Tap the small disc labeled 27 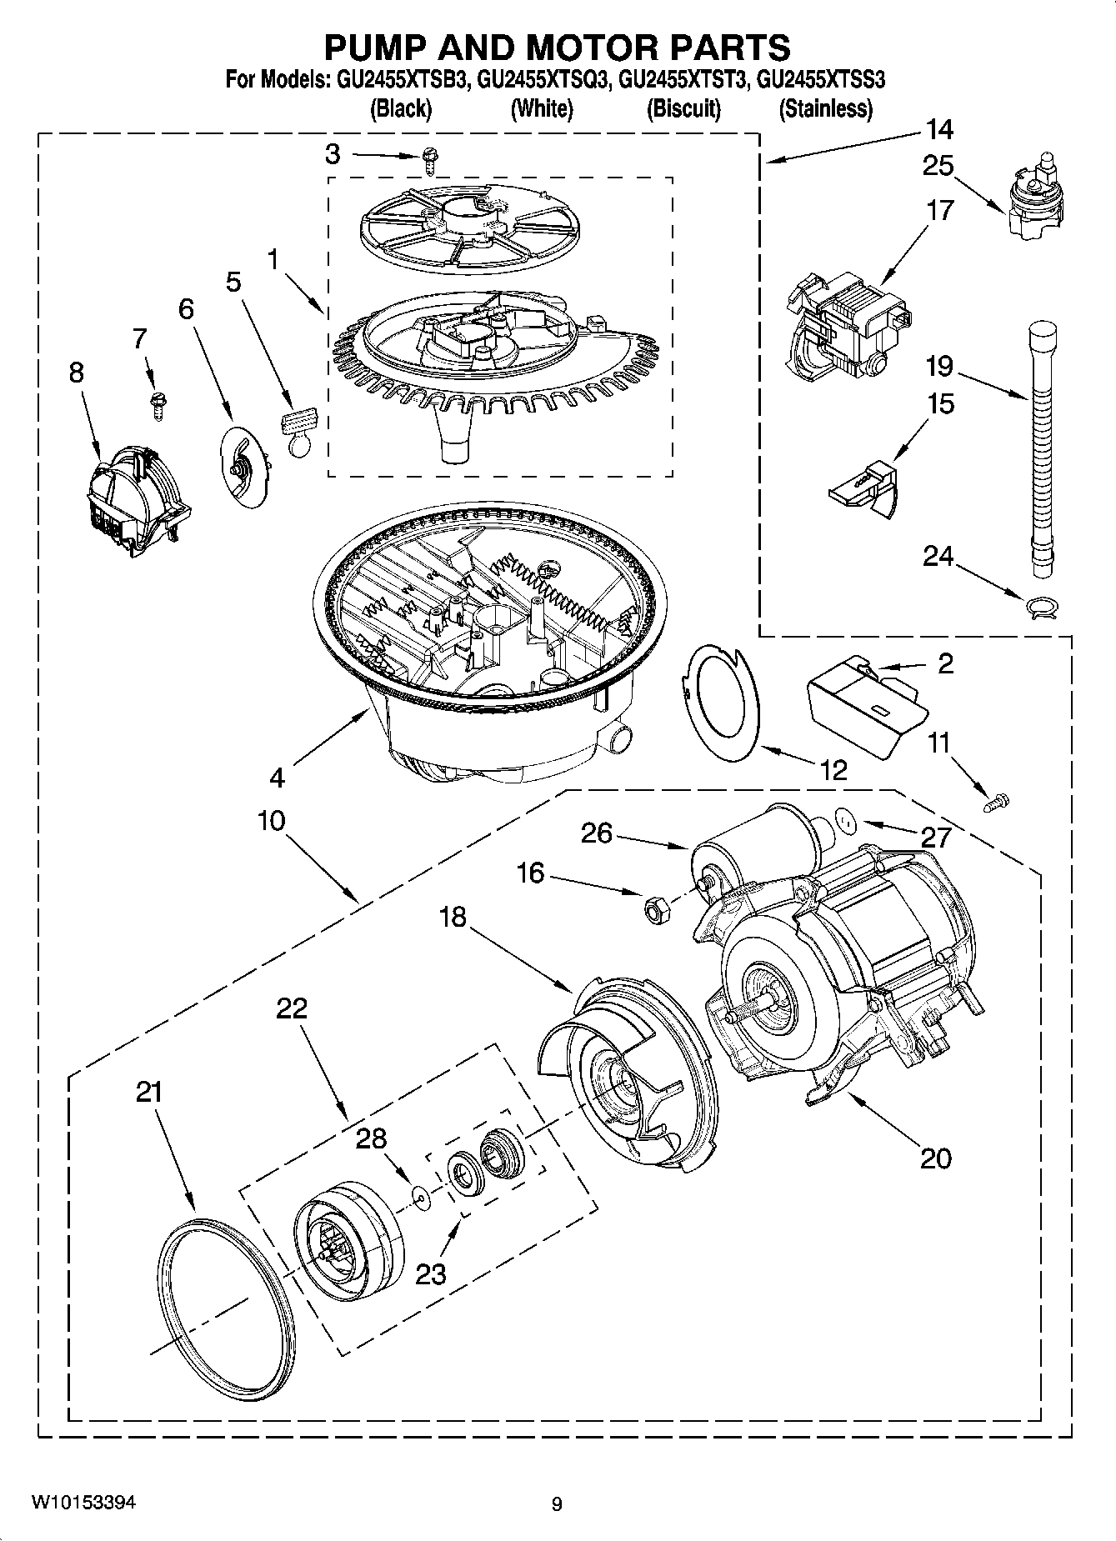point(845,821)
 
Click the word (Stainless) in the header point(825,108)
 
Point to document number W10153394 point(83,1503)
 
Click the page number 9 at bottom point(557,1504)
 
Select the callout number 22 point(292,1008)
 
